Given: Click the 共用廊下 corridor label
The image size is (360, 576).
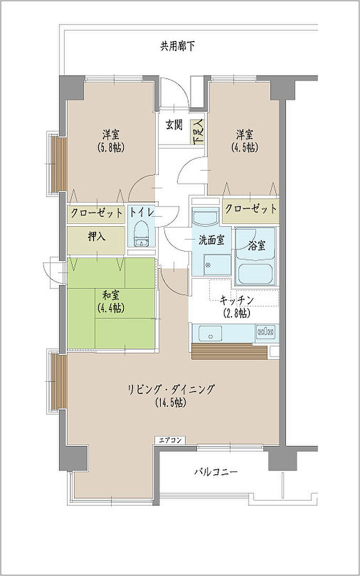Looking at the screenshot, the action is (177, 47).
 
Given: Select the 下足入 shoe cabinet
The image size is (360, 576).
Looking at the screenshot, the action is (197, 132).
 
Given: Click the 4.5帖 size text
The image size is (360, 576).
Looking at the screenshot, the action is (244, 148).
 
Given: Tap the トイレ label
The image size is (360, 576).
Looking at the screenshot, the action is (141, 212).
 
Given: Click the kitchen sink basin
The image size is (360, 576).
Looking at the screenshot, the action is (210, 333).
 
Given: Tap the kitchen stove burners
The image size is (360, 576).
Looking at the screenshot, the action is (266, 332).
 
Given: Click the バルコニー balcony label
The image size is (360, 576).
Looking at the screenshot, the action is (216, 471).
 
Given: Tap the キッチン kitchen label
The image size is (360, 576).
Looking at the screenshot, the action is (237, 300).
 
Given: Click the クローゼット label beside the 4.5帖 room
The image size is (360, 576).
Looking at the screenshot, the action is (250, 209).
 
